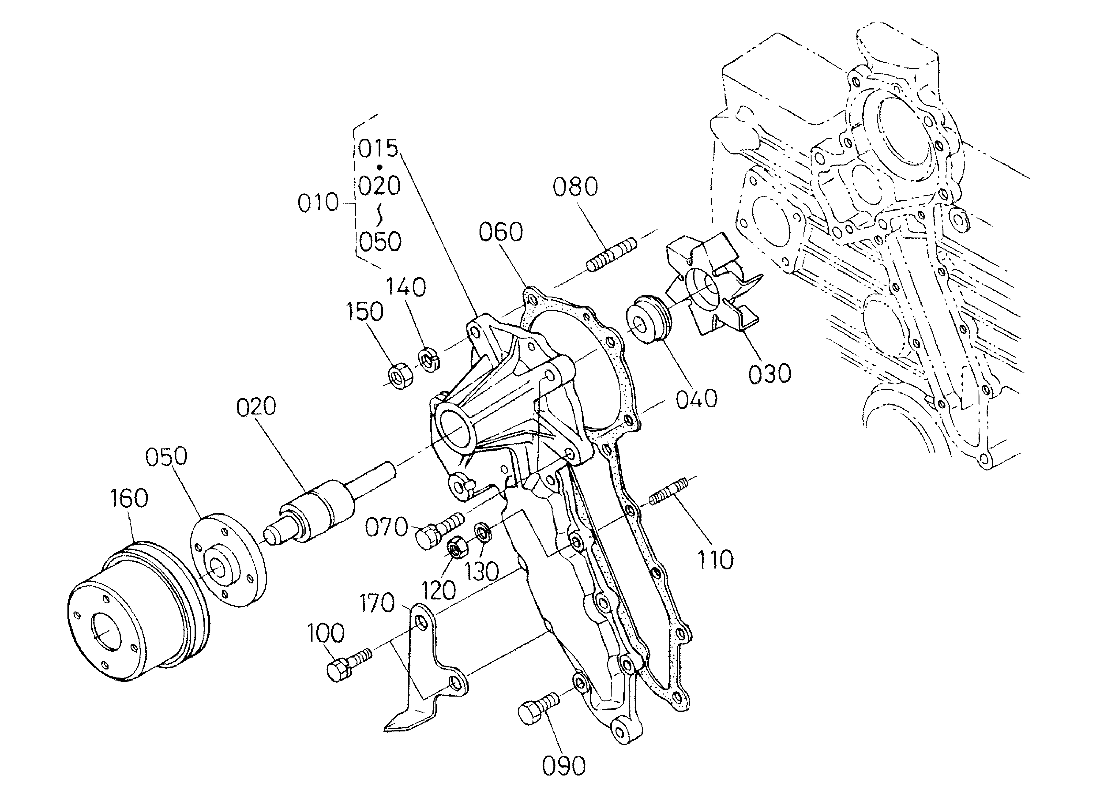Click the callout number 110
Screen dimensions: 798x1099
715,560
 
